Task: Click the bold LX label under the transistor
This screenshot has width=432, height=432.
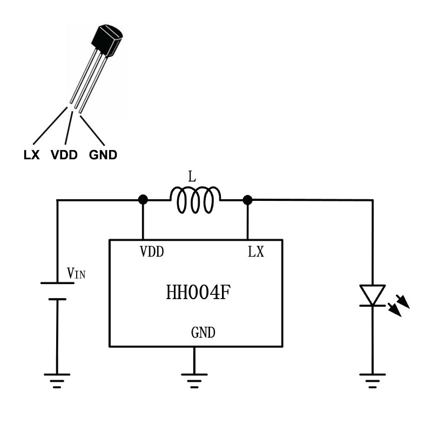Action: coord(32,155)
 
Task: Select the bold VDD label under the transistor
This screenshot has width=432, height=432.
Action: coord(64,155)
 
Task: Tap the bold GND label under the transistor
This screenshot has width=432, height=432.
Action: coord(103,155)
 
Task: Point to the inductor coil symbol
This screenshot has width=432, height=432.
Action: coord(195,199)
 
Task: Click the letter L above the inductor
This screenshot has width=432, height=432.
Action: coord(192,177)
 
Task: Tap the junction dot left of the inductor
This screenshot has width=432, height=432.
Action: coord(143,199)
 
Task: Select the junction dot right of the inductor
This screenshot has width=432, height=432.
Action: coord(247,200)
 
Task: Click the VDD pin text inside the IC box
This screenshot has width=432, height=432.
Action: coord(152,252)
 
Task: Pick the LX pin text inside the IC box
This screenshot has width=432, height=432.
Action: coord(256,252)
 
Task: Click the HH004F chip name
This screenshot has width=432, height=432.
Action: coord(198,292)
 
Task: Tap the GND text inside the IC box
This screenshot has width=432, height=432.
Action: coord(203,333)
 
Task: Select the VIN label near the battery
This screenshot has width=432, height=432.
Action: coord(76,273)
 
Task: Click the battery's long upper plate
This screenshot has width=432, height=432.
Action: coord(57,283)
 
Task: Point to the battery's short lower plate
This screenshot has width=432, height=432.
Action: coord(57,299)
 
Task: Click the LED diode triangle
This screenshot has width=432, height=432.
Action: coord(373,295)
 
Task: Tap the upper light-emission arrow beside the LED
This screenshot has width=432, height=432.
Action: coord(403,301)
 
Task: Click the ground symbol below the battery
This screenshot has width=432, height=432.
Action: coord(57,381)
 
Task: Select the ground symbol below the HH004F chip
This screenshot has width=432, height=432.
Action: coord(194,381)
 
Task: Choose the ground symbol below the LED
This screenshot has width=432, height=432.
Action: coord(373,381)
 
